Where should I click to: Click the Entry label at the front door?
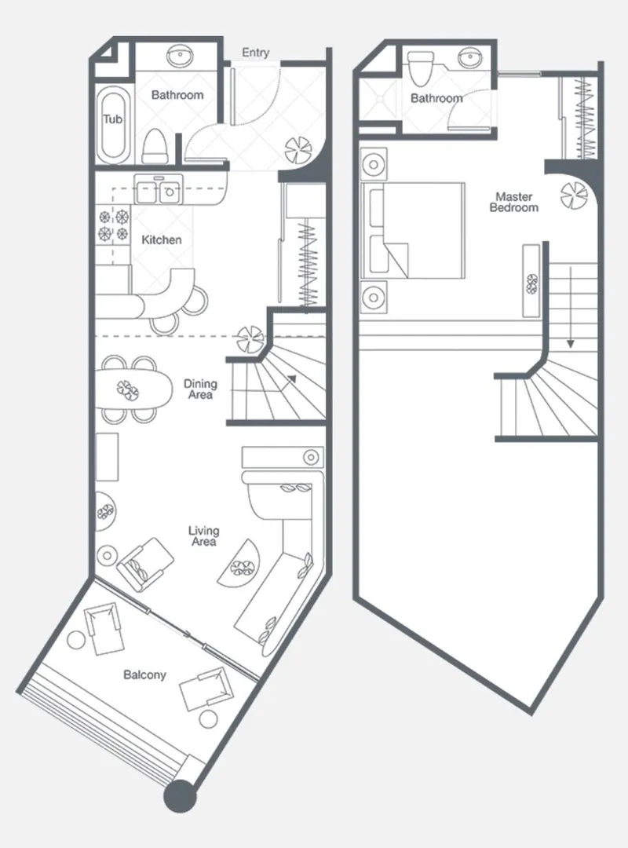pyautogui.click(x=255, y=53)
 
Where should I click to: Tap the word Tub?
pyautogui.click(x=113, y=119)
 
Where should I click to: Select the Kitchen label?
pyautogui.click(x=161, y=239)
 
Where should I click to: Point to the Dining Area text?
pyautogui.click(x=200, y=389)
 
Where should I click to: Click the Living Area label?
pyautogui.click(x=204, y=536)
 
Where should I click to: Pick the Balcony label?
pyautogui.click(x=144, y=675)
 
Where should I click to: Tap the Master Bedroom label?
pyautogui.click(x=514, y=202)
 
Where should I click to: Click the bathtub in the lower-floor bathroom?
pyautogui.click(x=113, y=124)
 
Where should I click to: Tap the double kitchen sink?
pyautogui.click(x=159, y=188)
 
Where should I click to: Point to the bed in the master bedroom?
pyautogui.click(x=413, y=230)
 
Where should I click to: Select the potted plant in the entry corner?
pyautogui.click(x=298, y=150)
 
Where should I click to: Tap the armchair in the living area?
pyautogui.click(x=145, y=564)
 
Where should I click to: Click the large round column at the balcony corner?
pyautogui.click(x=180, y=796)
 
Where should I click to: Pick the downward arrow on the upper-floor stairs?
pyautogui.click(x=570, y=307)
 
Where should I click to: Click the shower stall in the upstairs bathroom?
pyautogui.click(x=380, y=100)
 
